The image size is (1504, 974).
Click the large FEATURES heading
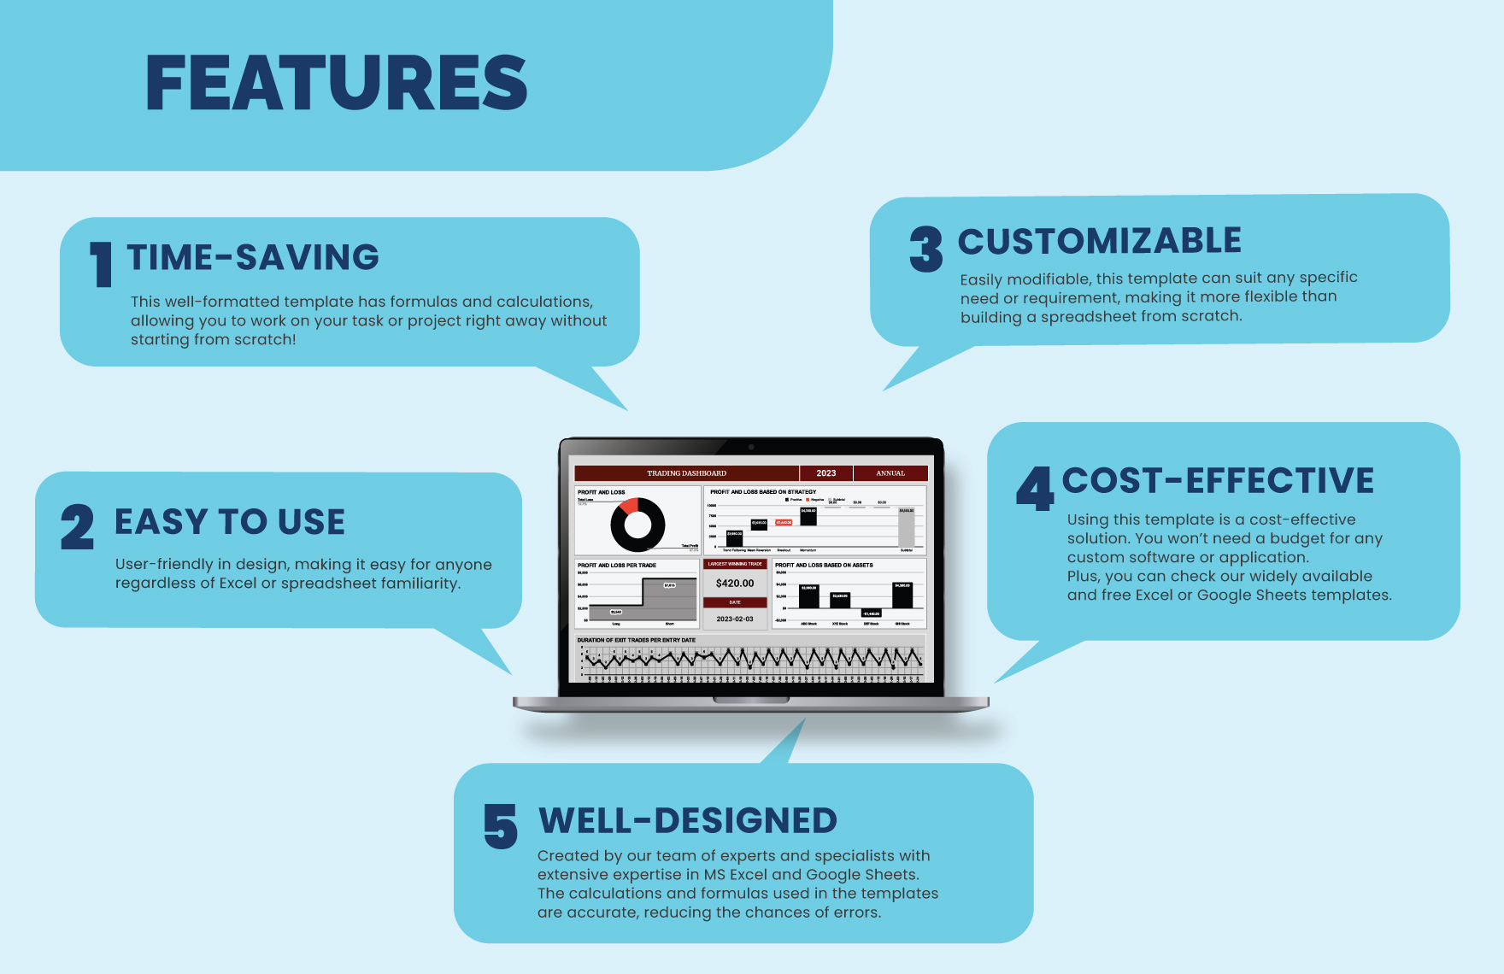pyautogui.click(x=336, y=83)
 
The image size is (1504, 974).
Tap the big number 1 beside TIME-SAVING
pyautogui.click(x=102, y=264)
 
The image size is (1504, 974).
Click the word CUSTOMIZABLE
pyautogui.click(x=1099, y=241)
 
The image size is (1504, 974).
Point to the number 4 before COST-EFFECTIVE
pyautogui.click(x=1035, y=489)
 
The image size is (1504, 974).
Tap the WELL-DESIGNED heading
pyautogui.click(x=687, y=820)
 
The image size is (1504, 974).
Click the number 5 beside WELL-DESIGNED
pyautogui.click(x=501, y=826)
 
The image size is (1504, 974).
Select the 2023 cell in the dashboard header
pyautogui.click(x=825, y=473)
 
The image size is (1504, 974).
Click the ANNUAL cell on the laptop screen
pyautogui.click(x=890, y=473)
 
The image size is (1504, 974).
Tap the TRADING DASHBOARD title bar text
pyautogui.click(x=686, y=473)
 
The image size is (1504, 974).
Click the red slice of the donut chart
pyautogui.click(x=630, y=506)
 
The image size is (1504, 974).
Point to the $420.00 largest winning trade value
pyautogui.click(x=735, y=583)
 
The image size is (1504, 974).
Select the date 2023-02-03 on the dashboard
pyautogui.click(x=735, y=619)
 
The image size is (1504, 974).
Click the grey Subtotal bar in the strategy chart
pyautogui.click(x=906, y=528)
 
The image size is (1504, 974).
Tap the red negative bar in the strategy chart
pyautogui.click(x=783, y=522)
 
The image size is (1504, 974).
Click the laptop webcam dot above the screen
pyautogui.click(x=751, y=447)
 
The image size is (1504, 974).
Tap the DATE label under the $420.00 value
pyautogui.click(x=735, y=602)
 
